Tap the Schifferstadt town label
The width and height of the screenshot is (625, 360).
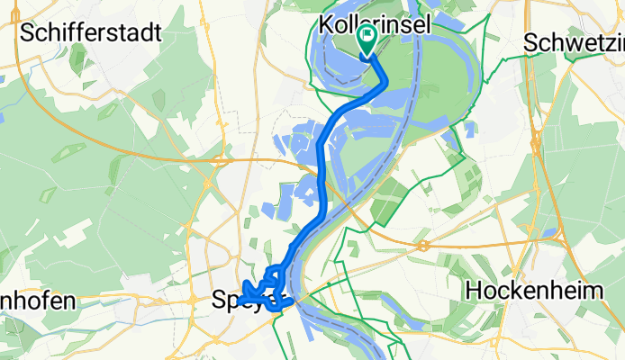[90, 33]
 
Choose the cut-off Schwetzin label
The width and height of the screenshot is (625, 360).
[574, 42]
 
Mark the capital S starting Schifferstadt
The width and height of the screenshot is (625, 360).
[26, 33]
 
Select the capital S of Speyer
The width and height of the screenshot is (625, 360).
[220, 299]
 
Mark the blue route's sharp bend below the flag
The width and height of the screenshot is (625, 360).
[385, 83]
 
